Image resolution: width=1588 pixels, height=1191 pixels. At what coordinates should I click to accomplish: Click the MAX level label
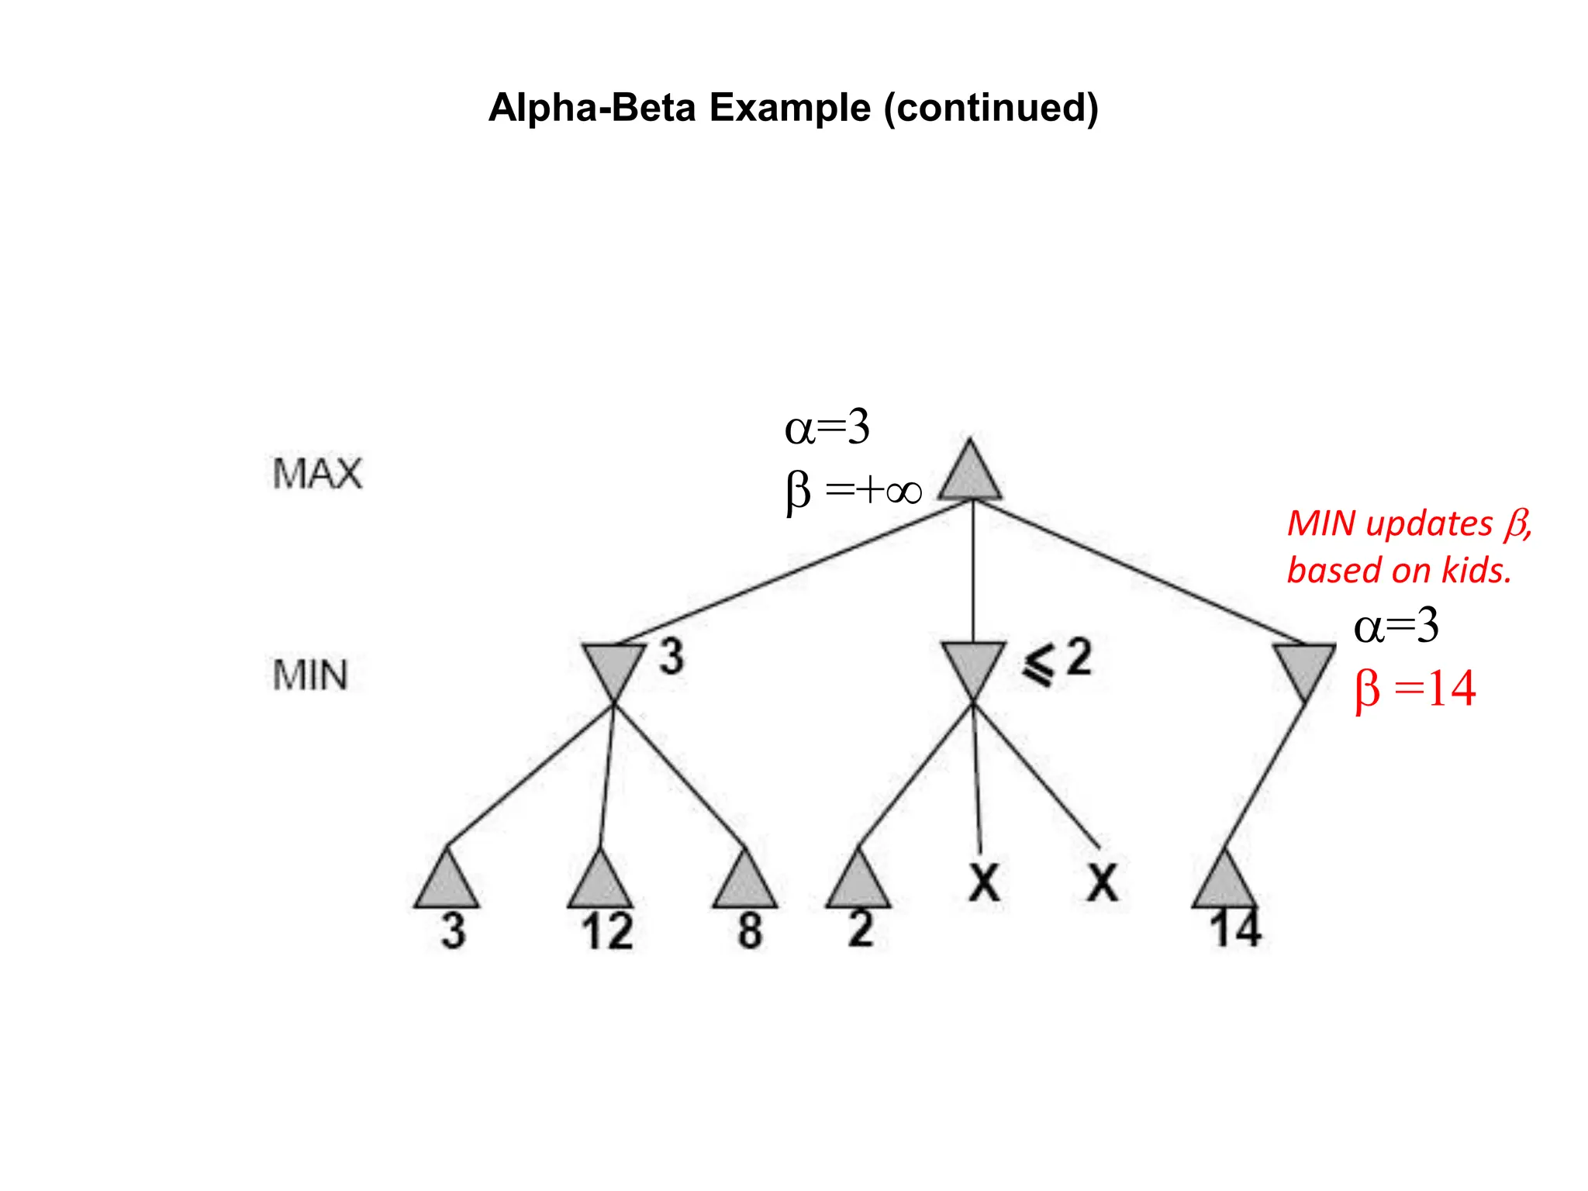point(317,474)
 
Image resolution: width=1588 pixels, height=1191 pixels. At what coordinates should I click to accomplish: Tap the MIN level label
point(310,675)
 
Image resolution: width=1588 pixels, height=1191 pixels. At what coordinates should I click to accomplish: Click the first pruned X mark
point(984,882)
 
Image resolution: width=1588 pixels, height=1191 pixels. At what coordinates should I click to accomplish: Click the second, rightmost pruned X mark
point(1102,882)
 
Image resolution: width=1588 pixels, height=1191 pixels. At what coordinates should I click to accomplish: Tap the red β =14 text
point(1415,689)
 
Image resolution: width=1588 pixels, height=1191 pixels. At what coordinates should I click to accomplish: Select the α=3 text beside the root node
point(827,427)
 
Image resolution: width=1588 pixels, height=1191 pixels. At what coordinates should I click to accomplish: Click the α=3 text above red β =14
point(1396,626)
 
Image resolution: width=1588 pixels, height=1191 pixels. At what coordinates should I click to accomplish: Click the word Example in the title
point(789,107)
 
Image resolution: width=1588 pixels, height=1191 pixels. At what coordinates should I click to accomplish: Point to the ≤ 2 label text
point(1058,662)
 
